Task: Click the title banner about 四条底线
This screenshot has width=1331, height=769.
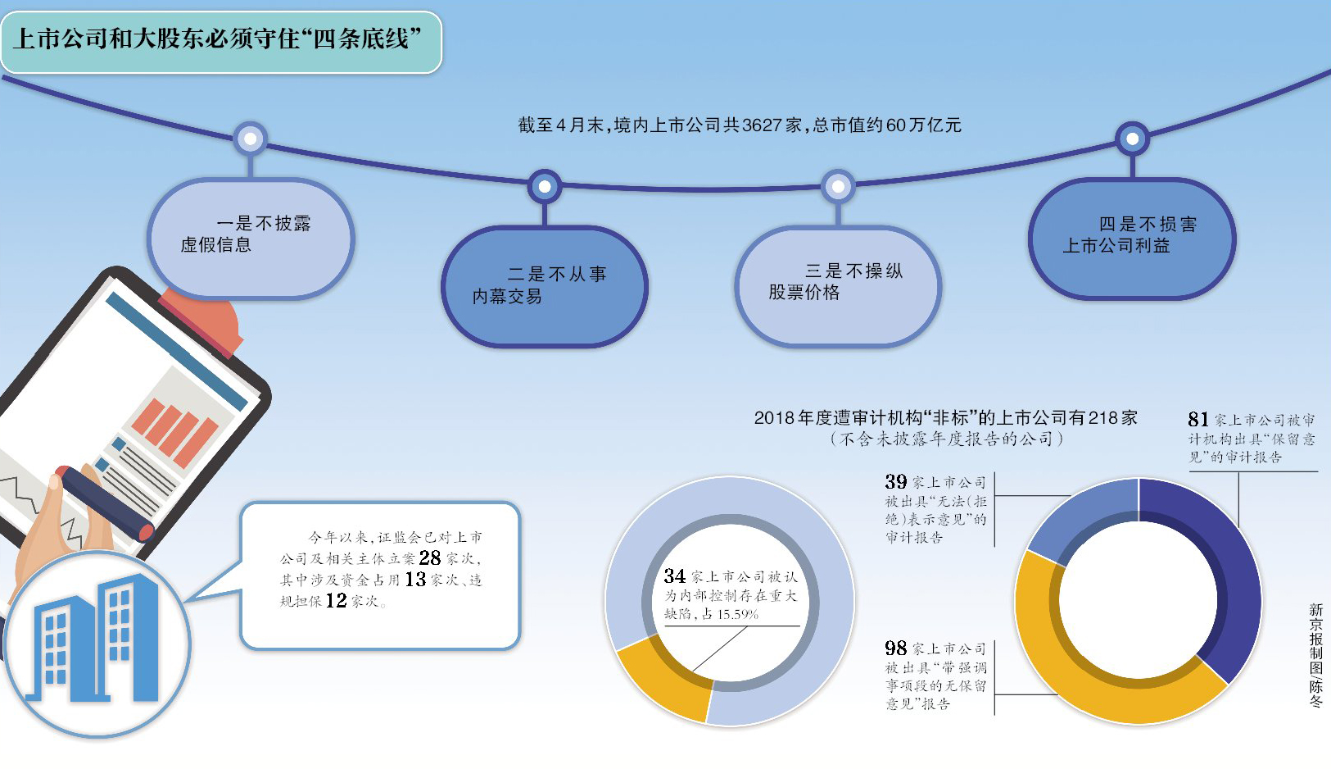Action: (x=220, y=40)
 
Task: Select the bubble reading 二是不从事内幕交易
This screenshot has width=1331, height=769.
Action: (x=544, y=286)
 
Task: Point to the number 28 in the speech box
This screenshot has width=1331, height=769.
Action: (x=430, y=558)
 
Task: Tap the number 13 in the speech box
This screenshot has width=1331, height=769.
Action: (x=415, y=580)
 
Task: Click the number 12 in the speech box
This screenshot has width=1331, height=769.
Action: (x=336, y=601)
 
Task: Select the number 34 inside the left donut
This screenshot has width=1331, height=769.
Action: (x=674, y=576)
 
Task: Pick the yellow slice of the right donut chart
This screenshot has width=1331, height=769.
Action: (x=1089, y=672)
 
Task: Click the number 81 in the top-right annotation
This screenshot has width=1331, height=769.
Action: (x=1198, y=420)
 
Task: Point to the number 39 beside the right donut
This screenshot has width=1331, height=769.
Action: (x=895, y=482)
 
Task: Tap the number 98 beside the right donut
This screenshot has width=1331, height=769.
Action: (x=895, y=648)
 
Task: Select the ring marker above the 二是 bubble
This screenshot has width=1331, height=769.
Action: (x=544, y=187)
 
